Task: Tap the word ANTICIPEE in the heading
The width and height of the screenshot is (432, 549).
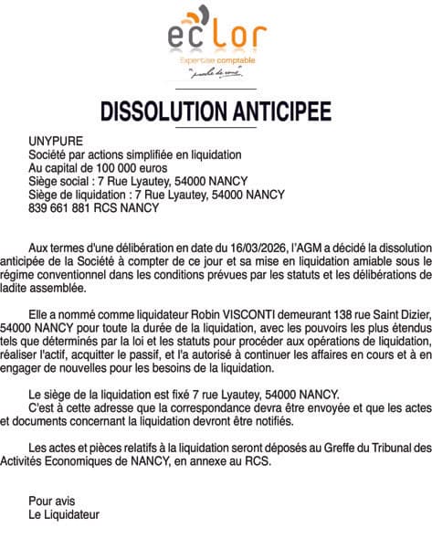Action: pos(285,111)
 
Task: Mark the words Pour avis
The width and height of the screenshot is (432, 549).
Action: pos(51,501)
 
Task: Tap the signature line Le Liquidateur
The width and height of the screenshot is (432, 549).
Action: pos(64,514)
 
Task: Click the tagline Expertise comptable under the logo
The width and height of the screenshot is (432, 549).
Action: pos(217,61)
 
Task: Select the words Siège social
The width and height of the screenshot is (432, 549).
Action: pos(60,181)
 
